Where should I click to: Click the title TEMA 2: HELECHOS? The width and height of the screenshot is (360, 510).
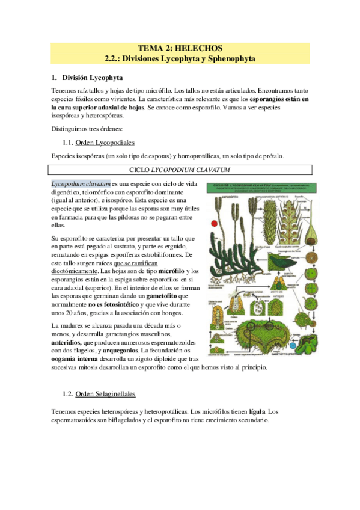click(x=180, y=48)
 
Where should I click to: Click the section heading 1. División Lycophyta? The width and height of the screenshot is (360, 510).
click(x=87, y=78)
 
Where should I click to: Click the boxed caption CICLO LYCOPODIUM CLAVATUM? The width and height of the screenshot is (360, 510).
click(x=180, y=170)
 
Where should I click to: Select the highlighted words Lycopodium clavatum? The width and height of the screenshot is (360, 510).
click(x=81, y=183)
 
